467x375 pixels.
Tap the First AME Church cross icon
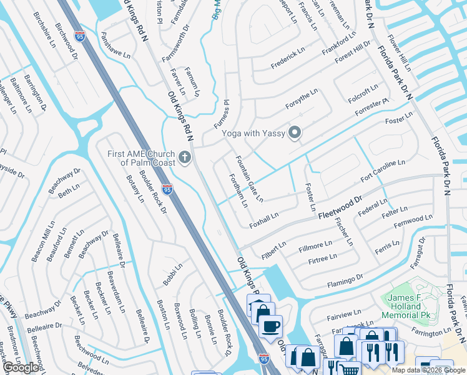184,157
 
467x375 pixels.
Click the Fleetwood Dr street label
340,206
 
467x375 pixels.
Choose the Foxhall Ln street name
263,219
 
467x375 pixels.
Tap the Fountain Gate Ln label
249,179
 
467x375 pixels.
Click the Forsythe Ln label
302,98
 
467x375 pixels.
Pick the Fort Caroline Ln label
383,171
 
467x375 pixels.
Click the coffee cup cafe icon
270,326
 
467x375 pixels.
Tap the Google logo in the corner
21,367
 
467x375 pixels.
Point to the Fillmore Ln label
315,246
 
